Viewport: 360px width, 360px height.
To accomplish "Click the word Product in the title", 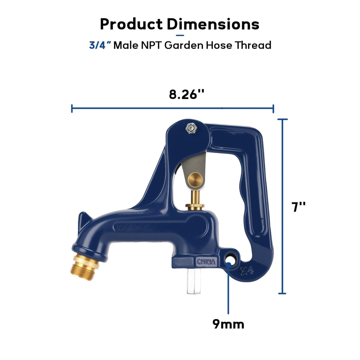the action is [131, 24].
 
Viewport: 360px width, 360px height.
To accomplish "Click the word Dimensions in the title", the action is [213, 24].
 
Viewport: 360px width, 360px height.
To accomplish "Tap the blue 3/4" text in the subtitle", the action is [100, 45].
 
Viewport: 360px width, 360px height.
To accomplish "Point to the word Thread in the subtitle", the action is [253, 45].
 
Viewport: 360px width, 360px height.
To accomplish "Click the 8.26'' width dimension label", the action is [186, 94].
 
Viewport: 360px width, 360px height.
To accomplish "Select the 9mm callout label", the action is [228, 324].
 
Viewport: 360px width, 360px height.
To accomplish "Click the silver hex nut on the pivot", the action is [191, 128].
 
